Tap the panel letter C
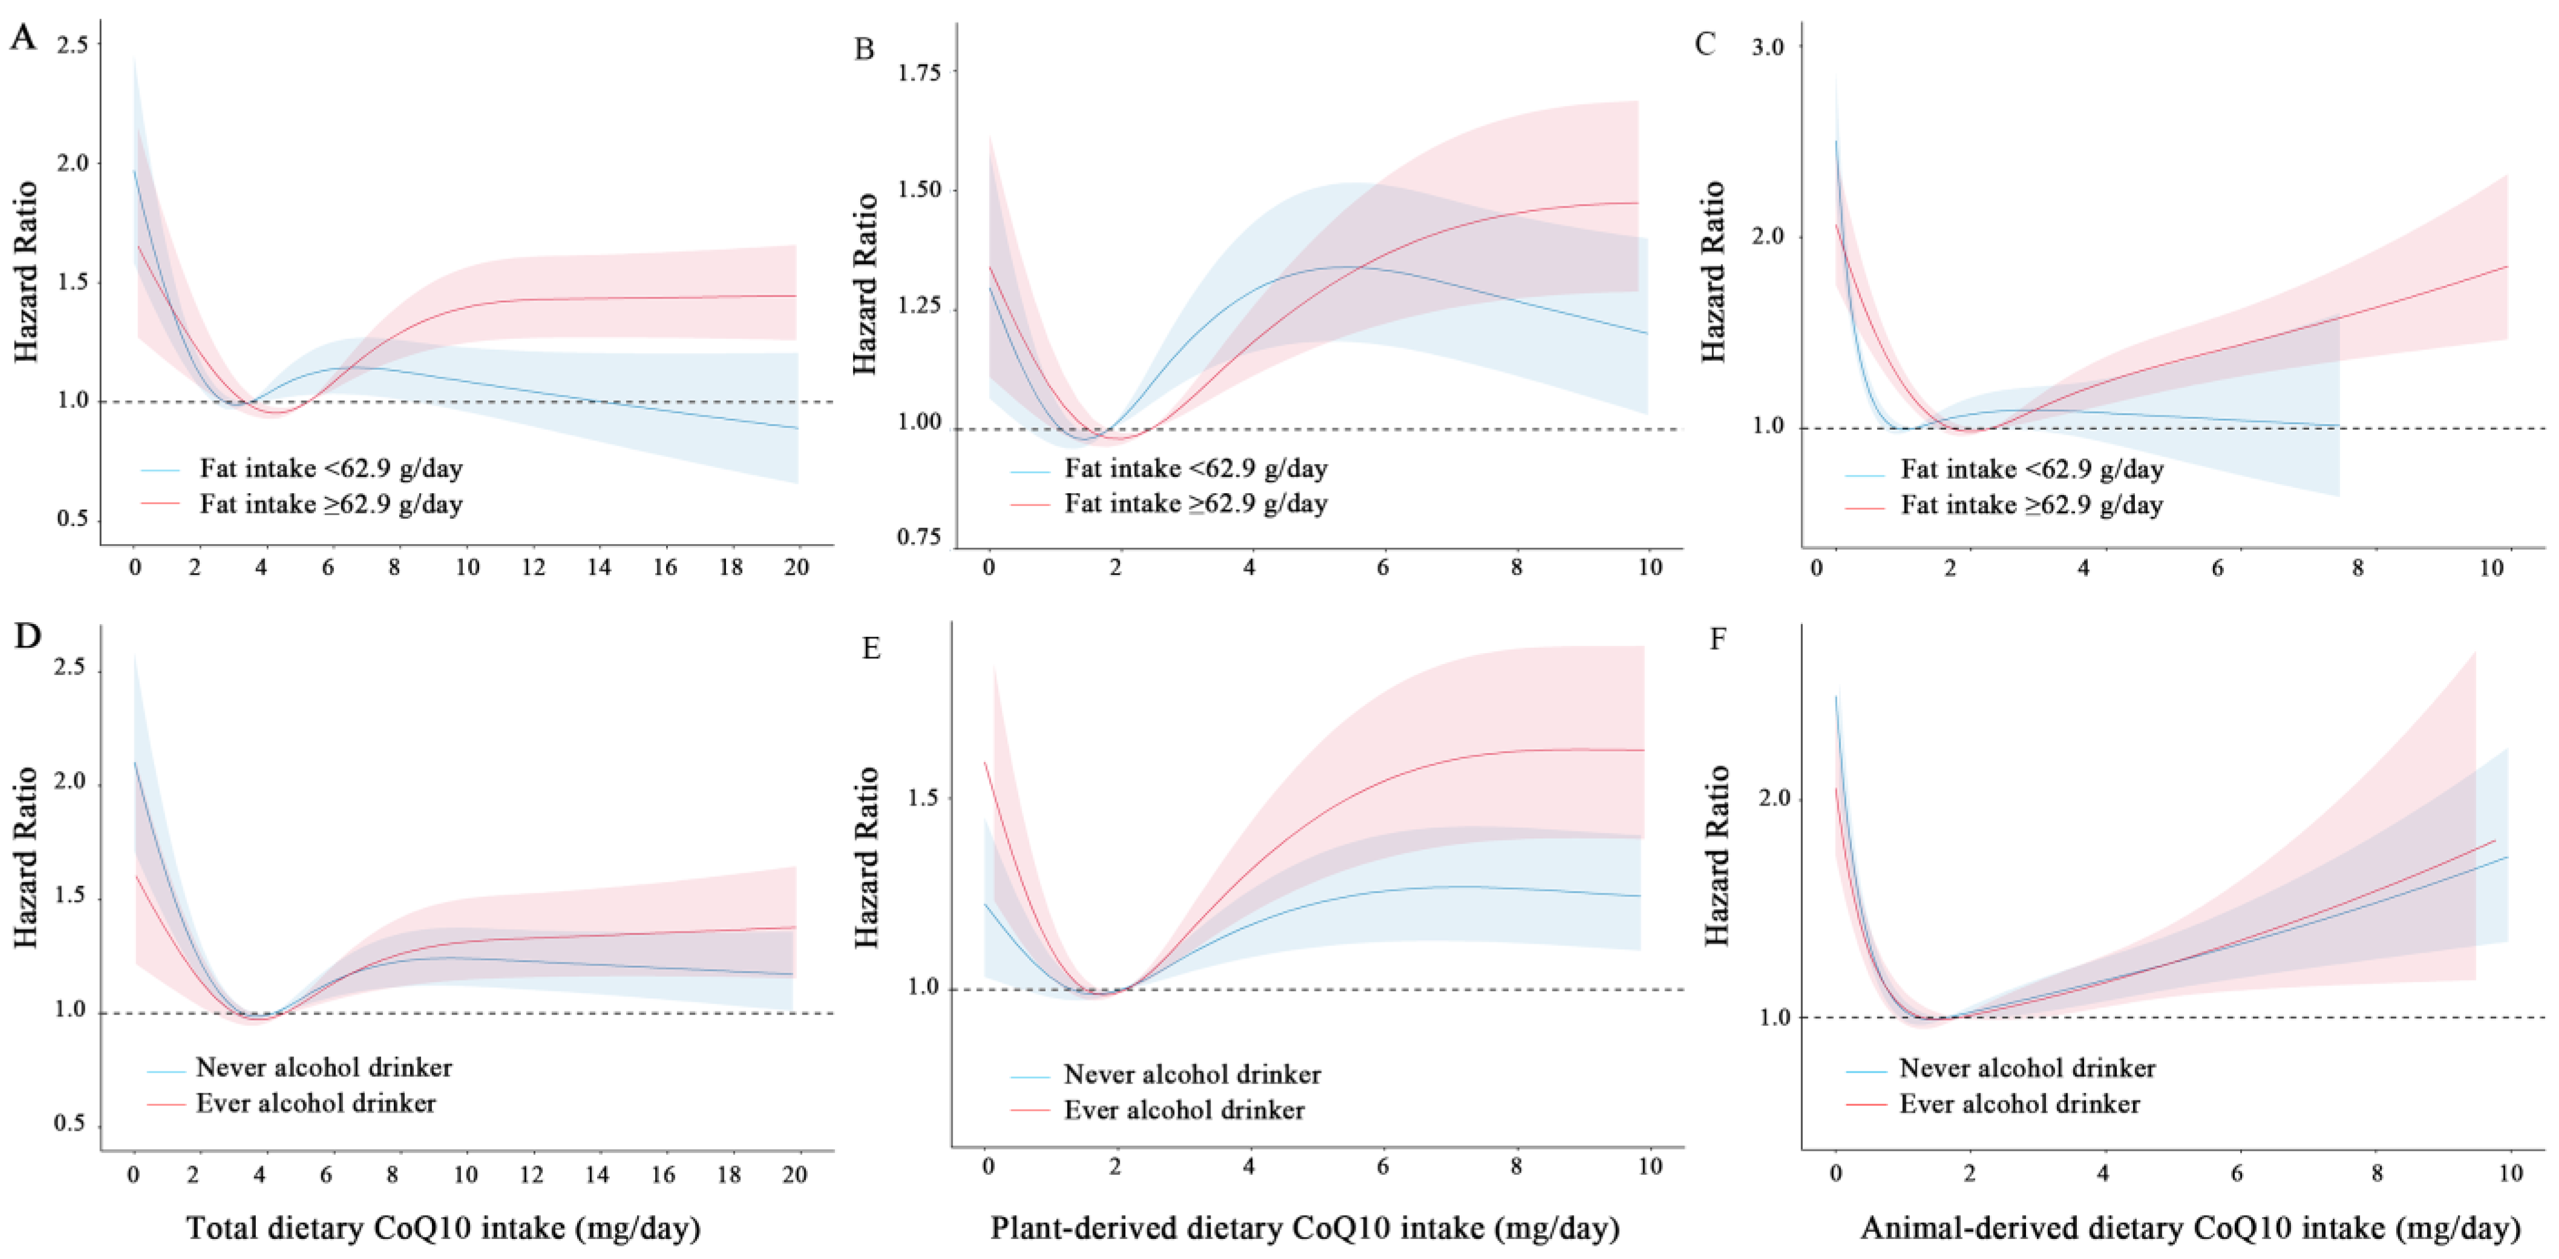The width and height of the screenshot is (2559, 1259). pyautogui.click(x=1705, y=45)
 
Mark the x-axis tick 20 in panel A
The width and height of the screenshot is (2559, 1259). pyautogui.click(x=797, y=567)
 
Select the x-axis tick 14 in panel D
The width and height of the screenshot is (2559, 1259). pyautogui.click(x=597, y=1174)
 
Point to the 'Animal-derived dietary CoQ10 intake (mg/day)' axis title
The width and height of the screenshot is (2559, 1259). pyautogui.click(x=2191, y=1229)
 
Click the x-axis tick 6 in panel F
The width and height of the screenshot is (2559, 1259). pyautogui.click(x=2237, y=1174)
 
